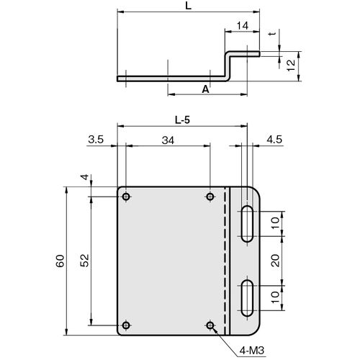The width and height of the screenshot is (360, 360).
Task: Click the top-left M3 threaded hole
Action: [x=126, y=197]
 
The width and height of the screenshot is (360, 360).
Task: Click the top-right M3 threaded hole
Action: [x=210, y=197]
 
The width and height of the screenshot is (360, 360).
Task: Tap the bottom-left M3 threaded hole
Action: [x=126, y=325]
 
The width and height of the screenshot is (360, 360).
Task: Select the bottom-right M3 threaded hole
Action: [x=210, y=325]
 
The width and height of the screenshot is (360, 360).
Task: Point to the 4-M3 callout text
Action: [x=252, y=351]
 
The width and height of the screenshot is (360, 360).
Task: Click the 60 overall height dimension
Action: [x=60, y=261]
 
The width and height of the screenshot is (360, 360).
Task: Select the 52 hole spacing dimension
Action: [x=84, y=261]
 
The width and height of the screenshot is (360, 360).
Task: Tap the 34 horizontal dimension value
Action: [x=168, y=140]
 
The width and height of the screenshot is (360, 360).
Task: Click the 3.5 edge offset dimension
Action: [x=96, y=140]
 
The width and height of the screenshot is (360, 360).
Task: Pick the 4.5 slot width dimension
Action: [x=274, y=140]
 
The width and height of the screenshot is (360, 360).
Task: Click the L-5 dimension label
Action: [x=182, y=120]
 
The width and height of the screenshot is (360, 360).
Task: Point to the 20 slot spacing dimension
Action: [x=276, y=261]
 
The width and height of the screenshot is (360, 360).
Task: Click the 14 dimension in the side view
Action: [x=243, y=26]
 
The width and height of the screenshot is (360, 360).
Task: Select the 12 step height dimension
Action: [x=291, y=65]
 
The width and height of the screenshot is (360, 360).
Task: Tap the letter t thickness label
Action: [x=272, y=34]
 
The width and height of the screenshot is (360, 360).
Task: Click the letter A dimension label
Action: [x=205, y=89]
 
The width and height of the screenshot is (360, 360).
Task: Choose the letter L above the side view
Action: [x=189, y=6]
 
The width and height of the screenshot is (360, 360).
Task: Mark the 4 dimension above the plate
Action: [x=85, y=177]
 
